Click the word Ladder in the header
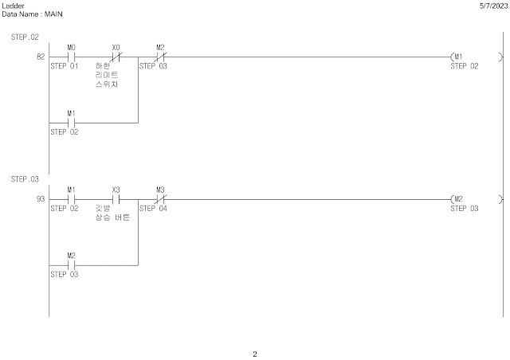coord(14,6)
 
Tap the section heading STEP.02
coord(25,37)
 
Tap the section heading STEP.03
coord(25,179)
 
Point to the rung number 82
coord(40,57)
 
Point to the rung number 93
coord(40,199)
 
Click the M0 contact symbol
coord(71,57)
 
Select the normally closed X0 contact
coord(116,57)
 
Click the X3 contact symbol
coord(116,199)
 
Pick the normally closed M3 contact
coord(160,199)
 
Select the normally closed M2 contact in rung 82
coord(160,57)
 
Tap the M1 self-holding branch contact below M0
coord(71,123)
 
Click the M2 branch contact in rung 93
coord(71,264)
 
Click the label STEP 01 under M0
coord(65,66)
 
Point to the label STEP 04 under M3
coord(153,208)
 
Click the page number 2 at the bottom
coord(255,354)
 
